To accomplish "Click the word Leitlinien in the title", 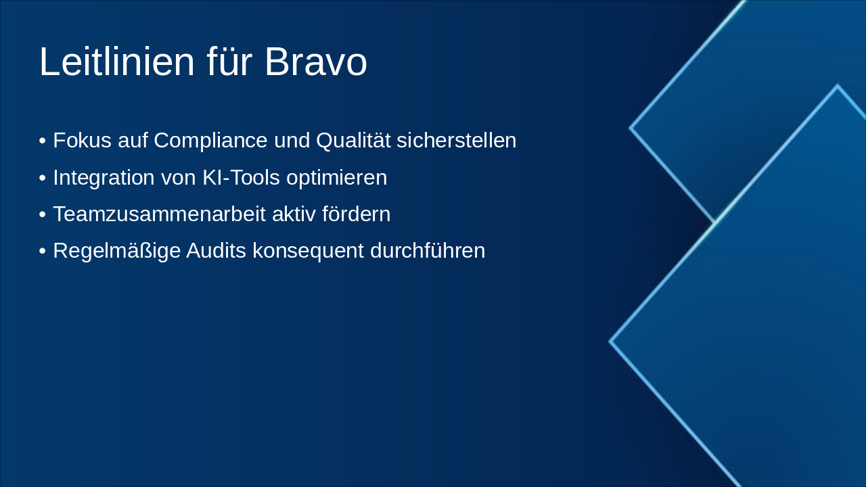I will [117, 62].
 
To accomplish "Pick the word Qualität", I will [353, 141].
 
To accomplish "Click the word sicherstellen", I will [456, 141].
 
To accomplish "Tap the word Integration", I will [104, 177].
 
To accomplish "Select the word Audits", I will [216, 250].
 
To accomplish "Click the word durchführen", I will [428, 250].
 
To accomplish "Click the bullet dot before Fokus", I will [43, 141].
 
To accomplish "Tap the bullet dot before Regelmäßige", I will [43, 251].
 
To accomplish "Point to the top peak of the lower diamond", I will [837, 87].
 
